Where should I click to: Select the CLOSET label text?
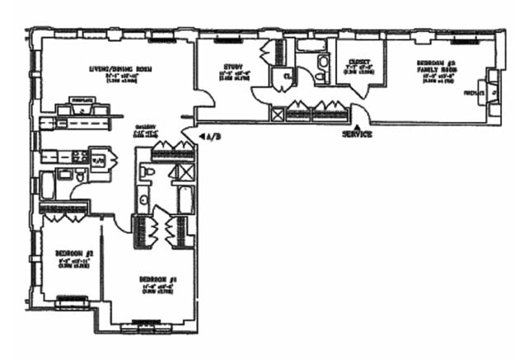coord(358,61)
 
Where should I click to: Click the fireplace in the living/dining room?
coord(82,104)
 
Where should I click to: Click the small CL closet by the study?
coord(287,78)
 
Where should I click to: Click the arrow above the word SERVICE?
coord(356,125)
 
